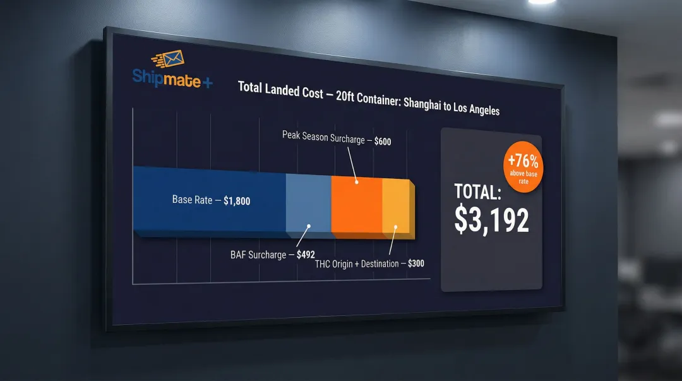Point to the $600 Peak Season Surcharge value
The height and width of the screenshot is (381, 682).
(383, 142)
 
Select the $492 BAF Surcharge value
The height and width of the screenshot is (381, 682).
(306, 256)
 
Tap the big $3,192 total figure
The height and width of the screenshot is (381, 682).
(491, 219)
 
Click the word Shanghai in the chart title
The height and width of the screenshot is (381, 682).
(421, 103)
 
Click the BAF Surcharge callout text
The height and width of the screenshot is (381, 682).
(258, 255)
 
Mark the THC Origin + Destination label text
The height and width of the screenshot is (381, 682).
(357, 263)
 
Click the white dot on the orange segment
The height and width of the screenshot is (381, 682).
(357, 182)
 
